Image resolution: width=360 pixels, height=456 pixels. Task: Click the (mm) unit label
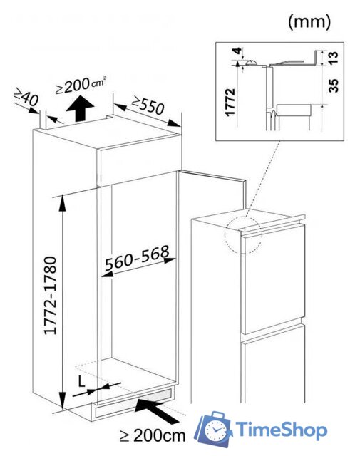[309, 21]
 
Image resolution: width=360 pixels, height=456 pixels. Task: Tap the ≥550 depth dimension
[148, 105]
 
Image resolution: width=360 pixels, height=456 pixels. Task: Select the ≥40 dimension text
[27, 97]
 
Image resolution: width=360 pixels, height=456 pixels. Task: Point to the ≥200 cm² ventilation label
[81, 85]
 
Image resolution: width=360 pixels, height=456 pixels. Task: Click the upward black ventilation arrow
[80, 109]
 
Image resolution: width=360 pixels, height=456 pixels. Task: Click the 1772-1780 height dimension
[50, 296]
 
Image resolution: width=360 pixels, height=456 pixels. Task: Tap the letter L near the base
[81, 381]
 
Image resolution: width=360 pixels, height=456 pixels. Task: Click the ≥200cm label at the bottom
[153, 435]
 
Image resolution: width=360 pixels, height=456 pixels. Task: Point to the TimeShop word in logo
[281, 430]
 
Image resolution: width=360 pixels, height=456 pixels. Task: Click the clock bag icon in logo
[214, 429]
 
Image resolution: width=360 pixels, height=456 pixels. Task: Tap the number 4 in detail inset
[238, 51]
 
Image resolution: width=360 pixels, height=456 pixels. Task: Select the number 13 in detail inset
[334, 57]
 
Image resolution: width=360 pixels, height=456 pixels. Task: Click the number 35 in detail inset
[334, 85]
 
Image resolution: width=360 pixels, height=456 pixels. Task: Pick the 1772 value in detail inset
[230, 103]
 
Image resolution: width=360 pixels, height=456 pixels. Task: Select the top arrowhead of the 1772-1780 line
[62, 202]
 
